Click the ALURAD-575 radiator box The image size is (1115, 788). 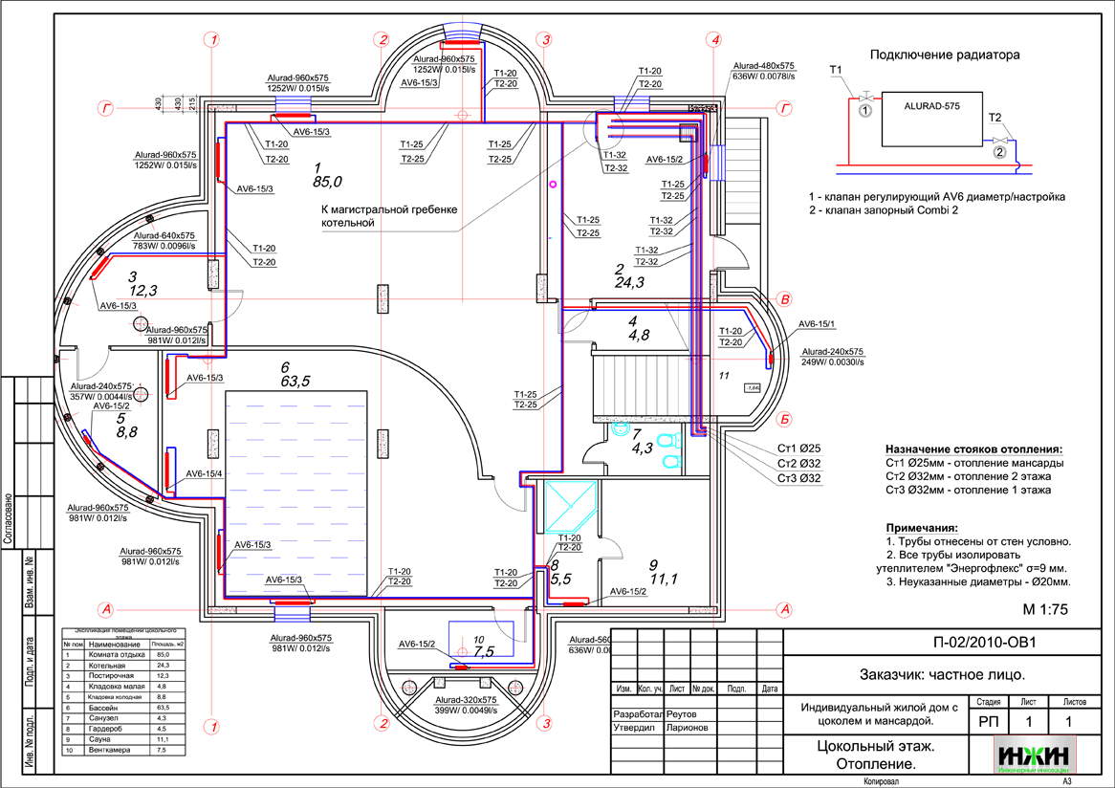pyautogui.click(x=931, y=120)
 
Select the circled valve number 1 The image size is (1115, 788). pyautogui.click(x=865, y=111)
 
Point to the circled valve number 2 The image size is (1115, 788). pyautogui.click(x=999, y=151)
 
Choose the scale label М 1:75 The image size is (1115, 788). pyautogui.click(x=1044, y=609)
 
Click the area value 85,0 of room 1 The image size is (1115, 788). pyautogui.click(x=326, y=180)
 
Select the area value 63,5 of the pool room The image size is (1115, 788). pyautogui.click(x=297, y=382)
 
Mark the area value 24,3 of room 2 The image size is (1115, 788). pyautogui.click(x=629, y=282)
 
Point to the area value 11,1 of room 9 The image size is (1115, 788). pyautogui.click(x=663, y=579)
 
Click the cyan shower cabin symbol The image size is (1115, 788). pyautogui.click(x=569, y=506)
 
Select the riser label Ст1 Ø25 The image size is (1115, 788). pyautogui.click(x=798, y=449)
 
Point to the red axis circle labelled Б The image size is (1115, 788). pyautogui.click(x=784, y=419)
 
